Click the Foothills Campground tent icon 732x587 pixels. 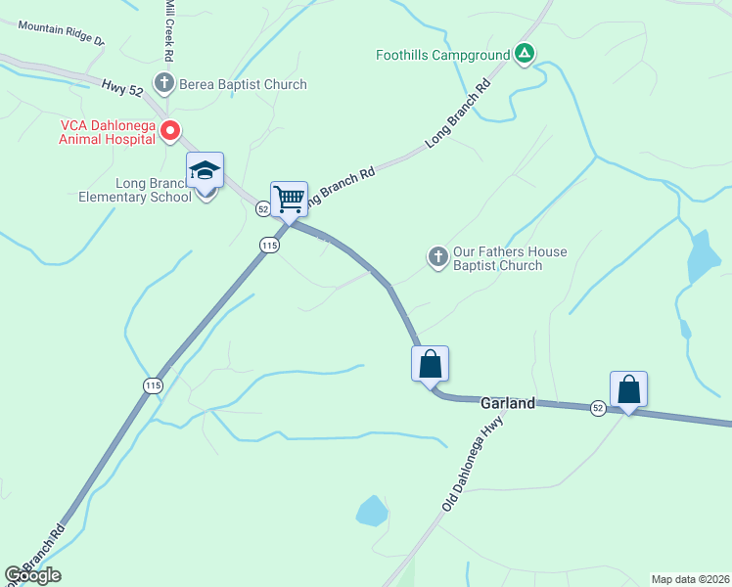point(525,55)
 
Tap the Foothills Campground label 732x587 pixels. point(443,56)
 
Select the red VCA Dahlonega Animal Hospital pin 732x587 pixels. point(170,130)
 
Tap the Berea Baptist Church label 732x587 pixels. point(244,85)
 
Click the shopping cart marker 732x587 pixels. point(290,199)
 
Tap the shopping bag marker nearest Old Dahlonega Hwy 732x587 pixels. point(430,364)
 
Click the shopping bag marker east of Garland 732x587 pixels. point(628,389)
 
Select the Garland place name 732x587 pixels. point(507,403)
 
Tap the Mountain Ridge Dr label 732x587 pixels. point(60,34)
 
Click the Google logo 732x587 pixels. point(32,575)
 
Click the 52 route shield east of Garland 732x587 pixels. point(598,407)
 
